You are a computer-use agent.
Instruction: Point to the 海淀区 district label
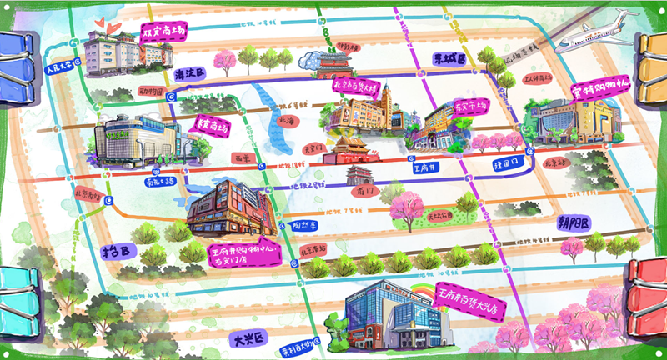pos(190,74)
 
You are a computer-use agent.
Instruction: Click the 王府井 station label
pos(427,166)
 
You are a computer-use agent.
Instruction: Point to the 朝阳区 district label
pos(574,223)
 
